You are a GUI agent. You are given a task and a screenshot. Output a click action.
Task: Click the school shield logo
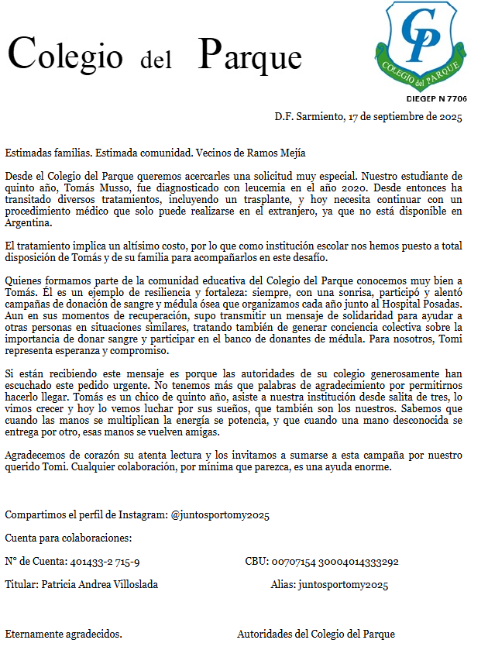pos(425,46)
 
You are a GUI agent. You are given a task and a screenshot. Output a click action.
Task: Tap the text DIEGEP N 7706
pos(436,99)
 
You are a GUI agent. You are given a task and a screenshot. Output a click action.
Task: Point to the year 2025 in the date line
pos(450,118)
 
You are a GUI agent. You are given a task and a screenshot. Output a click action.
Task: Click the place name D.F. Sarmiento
pos(308,118)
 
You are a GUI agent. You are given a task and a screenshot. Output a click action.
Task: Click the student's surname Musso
pos(129,188)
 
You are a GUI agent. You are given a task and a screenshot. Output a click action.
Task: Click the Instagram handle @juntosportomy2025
pos(220,515)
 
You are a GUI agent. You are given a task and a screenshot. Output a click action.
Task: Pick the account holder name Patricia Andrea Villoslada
pos(99,584)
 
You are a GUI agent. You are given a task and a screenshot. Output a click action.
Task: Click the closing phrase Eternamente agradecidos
pos(64,634)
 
